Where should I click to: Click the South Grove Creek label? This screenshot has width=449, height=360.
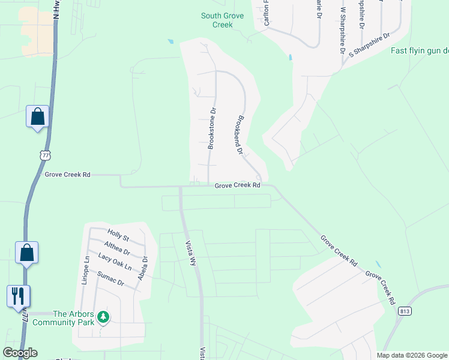(x=223, y=20)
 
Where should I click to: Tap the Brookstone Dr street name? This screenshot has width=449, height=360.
(x=211, y=128)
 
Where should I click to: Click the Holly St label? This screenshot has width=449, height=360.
(x=118, y=235)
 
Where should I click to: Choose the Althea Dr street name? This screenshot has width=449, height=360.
(x=117, y=248)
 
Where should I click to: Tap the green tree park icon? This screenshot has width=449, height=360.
(x=103, y=316)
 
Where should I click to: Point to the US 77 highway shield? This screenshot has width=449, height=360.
(x=44, y=155)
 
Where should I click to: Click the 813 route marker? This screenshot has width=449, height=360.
(x=404, y=310)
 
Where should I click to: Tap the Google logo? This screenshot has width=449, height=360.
(x=20, y=353)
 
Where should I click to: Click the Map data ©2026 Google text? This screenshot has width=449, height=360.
(x=412, y=355)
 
